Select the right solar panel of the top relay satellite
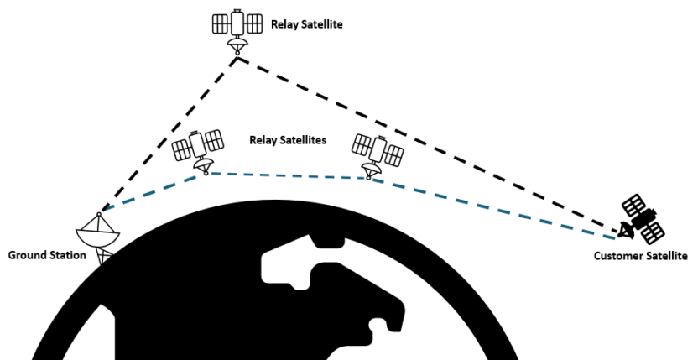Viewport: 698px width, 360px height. point(255,23)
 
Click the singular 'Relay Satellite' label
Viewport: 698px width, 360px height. point(306,24)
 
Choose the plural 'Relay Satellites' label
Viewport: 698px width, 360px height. point(288,140)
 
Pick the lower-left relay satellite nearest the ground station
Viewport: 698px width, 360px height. point(198,149)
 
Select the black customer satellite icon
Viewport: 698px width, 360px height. point(642,217)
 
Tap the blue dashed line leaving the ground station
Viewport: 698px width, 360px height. point(151,190)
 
